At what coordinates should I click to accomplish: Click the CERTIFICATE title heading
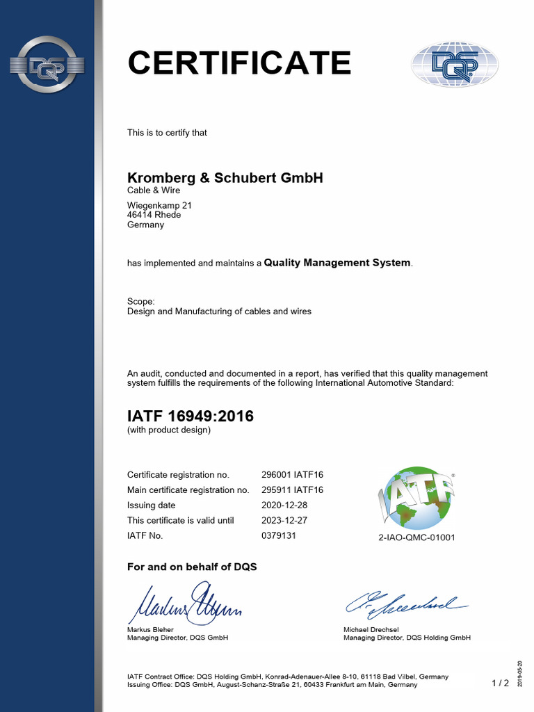[239, 63]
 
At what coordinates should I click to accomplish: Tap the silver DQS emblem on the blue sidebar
[47, 65]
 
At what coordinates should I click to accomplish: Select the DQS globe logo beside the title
[455, 65]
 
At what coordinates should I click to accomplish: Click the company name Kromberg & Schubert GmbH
[225, 178]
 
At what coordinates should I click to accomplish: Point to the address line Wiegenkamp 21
[159, 205]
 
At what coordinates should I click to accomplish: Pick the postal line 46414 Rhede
[154, 215]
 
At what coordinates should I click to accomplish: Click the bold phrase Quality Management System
[337, 263]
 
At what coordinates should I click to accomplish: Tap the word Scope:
[141, 301]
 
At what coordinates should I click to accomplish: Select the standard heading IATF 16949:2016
[190, 416]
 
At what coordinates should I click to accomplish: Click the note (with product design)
[168, 430]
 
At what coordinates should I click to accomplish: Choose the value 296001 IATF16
[292, 475]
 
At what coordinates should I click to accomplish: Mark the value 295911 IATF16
[292, 490]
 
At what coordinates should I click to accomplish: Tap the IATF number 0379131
[279, 536]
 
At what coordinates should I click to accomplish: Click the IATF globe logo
[416, 497]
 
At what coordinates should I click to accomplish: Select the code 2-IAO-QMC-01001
[416, 538]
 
